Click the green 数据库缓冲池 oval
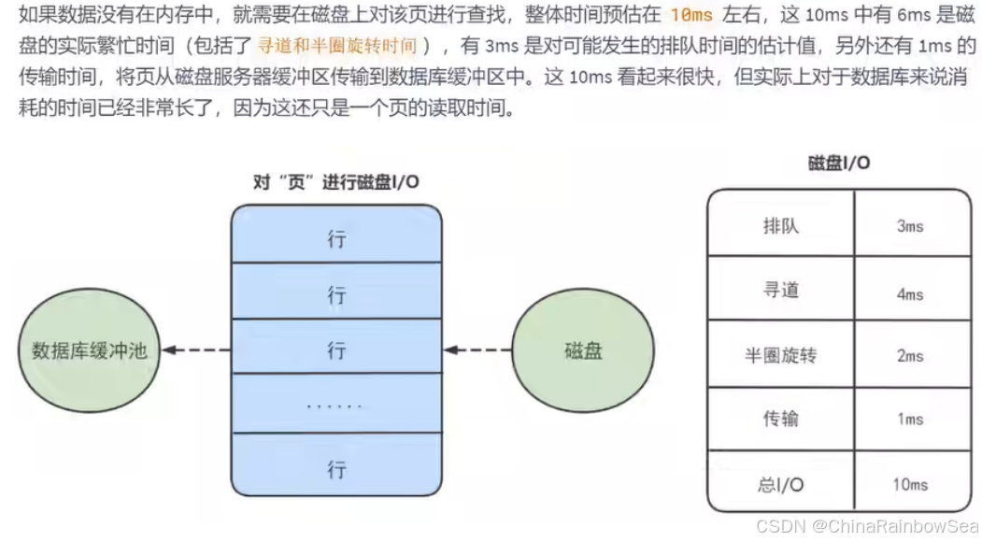click(x=90, y=351)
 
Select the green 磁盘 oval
click(x=583, y=351)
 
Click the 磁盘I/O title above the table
click(x=838, y=163)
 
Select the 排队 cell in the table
click(x=781, y=226)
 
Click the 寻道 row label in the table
click(x=781, y=291)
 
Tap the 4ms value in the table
click(x=910, y=294)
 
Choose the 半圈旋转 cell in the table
click(x=781, y=356)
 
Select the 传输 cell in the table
click(x=781, y=419)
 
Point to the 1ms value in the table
click(x=910, y=420)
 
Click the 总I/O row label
click(x=781, y=484)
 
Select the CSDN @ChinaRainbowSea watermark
click(x=867, y=526)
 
